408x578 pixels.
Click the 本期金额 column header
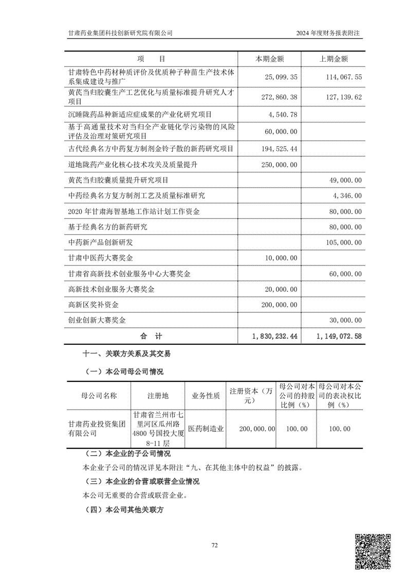(270, 59)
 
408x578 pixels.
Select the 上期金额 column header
(333, 59)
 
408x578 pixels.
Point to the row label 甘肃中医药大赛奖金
(100, 258)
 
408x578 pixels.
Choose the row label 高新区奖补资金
(93, 305)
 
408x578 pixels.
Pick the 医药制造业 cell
(205, 429)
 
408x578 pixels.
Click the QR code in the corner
(374, 551)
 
